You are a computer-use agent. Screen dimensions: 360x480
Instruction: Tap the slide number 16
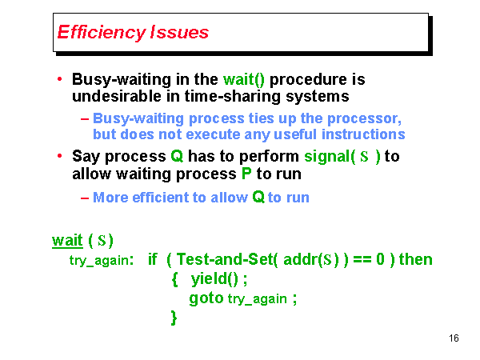tap(454, 338)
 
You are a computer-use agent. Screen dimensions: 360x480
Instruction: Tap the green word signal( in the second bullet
tap(330, 156)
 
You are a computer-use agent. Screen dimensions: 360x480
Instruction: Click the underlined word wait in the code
tap(67, 240)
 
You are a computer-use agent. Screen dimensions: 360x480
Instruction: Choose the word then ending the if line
tap(415, 259)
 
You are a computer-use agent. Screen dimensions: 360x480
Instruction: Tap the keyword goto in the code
tap(206, 298)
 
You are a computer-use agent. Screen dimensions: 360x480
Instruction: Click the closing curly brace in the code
tap(174, 317)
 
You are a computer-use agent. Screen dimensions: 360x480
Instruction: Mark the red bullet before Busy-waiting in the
tap(61, 79)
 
